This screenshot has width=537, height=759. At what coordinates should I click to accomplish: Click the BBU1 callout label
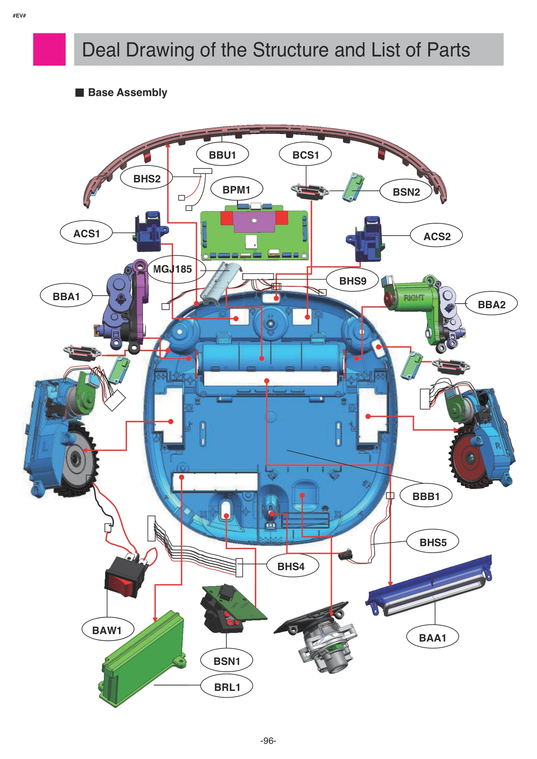click(x=222, y=155)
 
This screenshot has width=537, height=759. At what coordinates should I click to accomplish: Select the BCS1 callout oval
click(x=305, y=155)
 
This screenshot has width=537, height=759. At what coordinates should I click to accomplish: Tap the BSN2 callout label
click(x=406, y=192)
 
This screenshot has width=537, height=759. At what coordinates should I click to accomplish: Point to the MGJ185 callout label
click(x=173, y=269)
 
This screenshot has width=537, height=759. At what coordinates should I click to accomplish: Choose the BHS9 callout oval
click(x=352, y=280)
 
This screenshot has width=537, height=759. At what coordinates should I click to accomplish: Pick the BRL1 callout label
click(x=227, y=687)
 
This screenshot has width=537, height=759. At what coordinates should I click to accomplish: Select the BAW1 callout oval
click(x=107, y=630)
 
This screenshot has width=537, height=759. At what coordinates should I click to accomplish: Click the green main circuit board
click(x=254, y=235)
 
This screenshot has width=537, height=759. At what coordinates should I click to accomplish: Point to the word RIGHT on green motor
click(x=413, y=297)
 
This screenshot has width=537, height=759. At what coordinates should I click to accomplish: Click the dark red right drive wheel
click(x=468, y=457)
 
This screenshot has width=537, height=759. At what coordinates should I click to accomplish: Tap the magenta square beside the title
click(x=49, y=49)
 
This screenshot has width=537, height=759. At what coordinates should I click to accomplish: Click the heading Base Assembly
click(x=127, y=92)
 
